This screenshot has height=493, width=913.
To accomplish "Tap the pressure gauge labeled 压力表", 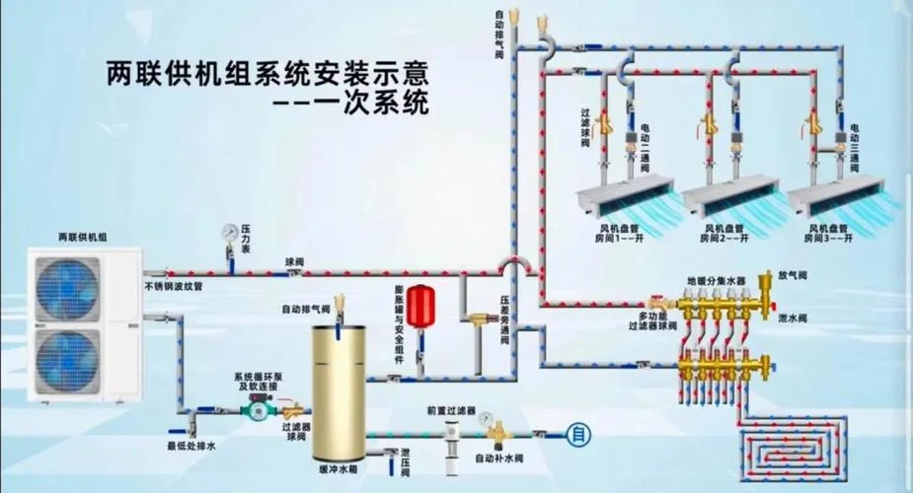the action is point(229,232).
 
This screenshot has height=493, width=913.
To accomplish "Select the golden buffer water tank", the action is point(339,393).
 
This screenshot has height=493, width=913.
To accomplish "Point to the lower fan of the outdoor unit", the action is point(67,359).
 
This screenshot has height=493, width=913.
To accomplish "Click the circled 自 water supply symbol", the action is point(578,434).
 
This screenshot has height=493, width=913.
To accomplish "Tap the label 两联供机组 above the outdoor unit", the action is point(83,238).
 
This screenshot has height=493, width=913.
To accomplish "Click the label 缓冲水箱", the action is point(339,469).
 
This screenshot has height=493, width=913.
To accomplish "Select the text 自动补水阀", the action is point(499,458).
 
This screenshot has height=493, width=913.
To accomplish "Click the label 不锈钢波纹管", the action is point(174,287).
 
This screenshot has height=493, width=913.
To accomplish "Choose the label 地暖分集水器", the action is point(717,281).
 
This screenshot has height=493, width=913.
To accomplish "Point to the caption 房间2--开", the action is point(723,238).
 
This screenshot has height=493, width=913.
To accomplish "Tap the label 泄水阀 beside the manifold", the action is point(793,318).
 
